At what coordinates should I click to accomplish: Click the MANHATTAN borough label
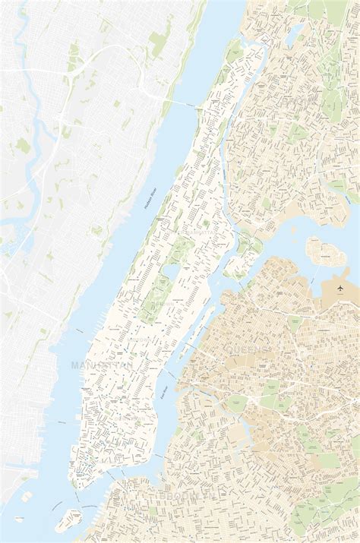tap(102, 365)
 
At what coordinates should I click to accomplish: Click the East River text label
tap(163, 392)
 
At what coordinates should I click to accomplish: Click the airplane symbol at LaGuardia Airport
tap(340, 289)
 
